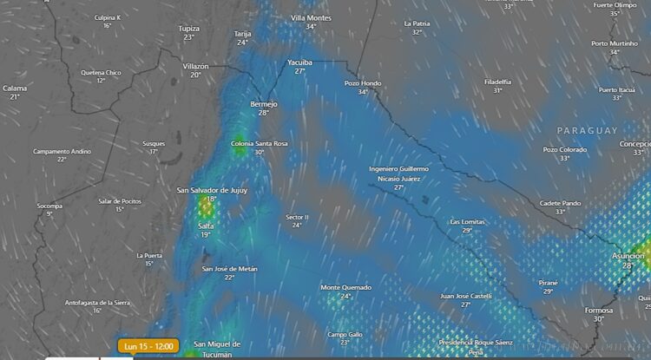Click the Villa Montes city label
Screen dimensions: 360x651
click(311, 17)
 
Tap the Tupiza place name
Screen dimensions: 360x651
click(188, 29)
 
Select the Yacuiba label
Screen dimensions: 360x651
click(299, 62)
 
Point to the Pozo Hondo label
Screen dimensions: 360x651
click(363, 83)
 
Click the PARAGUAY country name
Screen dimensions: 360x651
click(588, 130)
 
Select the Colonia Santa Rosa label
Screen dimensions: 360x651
click(260, 143)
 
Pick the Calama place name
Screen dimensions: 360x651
click(15, 88)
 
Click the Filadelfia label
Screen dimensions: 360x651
click(497, 82)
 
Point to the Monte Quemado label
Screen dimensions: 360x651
click(345, 287)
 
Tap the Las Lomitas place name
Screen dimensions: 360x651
click(467, 221)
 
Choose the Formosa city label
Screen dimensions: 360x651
click(599, 310)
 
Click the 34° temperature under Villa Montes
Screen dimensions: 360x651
click(311, 27)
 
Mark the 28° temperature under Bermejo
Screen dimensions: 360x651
click(263, 113)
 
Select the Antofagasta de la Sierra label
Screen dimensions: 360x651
click(97, 302)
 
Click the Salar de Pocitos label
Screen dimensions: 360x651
click(120, 200)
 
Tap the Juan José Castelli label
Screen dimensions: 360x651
click(466, 296)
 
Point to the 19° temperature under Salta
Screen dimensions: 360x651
click(206, 235)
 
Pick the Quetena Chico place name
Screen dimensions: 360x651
click(101, 73)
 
